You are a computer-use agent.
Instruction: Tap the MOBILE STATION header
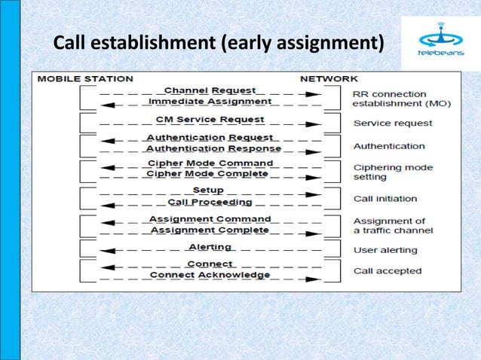[85, 78]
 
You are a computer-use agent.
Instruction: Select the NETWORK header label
[329, 78]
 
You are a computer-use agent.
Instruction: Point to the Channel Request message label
[210, 90]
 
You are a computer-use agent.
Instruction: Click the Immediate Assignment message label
[210, 101]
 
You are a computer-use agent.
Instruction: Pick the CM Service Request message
[210, 119]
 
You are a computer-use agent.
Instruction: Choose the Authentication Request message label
[210, 138]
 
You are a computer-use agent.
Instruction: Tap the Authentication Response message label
[213, 148]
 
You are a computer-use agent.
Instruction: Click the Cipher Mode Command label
[210, 163]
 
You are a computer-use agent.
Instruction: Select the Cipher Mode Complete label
[208, 174]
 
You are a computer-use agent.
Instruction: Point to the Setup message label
[208, 191]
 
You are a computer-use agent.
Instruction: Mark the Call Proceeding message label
[210, 202]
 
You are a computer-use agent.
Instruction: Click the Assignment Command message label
[210, 219]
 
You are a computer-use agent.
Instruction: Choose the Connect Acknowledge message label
[210, 275]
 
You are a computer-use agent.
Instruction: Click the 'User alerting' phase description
[385, 250]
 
